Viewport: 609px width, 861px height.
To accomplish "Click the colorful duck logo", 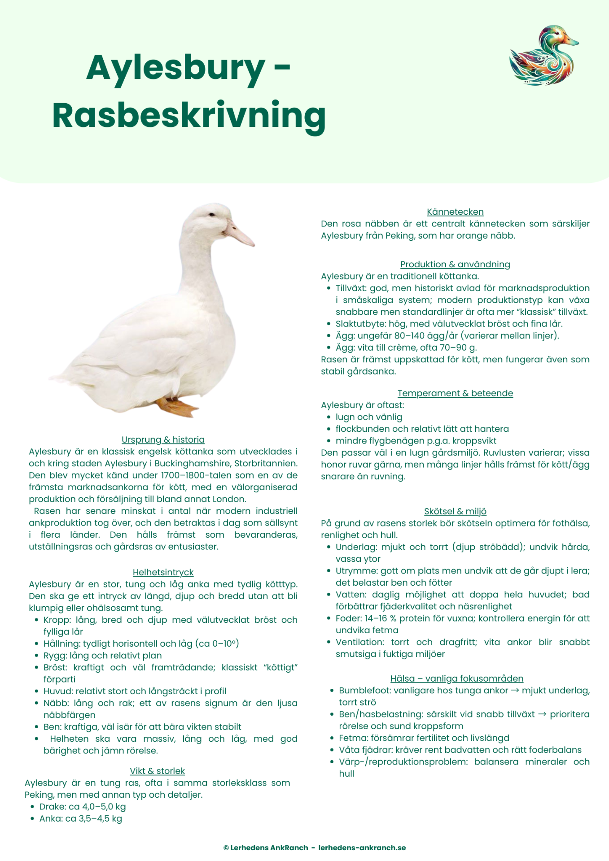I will tap(543, 56).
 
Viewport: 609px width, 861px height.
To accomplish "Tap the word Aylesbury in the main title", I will tap(175, 68).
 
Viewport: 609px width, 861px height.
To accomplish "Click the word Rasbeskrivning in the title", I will tap(189, 115).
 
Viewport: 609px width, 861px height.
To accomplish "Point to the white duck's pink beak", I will tap(240, 233).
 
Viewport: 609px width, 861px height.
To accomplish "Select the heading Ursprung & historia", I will tap(163, 439).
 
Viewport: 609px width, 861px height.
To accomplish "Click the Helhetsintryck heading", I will tap(163, 572).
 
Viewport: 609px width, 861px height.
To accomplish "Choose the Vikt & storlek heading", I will tap(157, 771).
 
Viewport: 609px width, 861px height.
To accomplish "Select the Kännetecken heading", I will tap(455, 212).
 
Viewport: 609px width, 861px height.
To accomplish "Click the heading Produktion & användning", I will tap(455, 264).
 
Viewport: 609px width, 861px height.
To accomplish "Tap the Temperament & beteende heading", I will tap(455, 393).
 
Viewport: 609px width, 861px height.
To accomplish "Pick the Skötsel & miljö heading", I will tap(455, 511).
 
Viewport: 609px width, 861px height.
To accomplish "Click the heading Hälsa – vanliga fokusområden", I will tap(456, 678).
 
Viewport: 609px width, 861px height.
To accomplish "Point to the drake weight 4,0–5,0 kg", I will tap(104, 807).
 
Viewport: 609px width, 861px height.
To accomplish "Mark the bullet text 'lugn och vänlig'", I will tap(368, 417).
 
